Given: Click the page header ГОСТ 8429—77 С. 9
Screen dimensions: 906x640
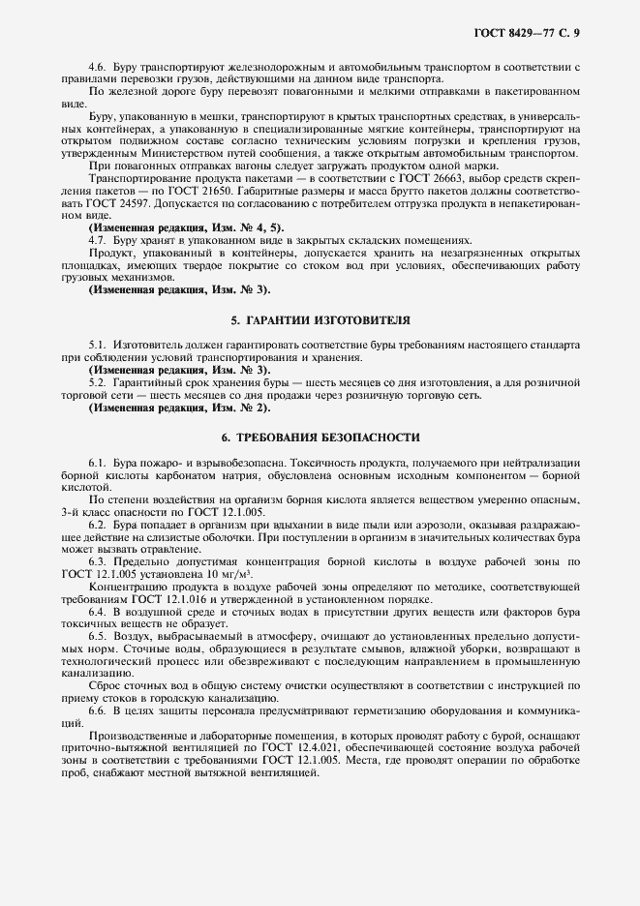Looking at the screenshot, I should [529, 33].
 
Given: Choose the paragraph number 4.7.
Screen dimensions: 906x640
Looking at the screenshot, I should [98, 239].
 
